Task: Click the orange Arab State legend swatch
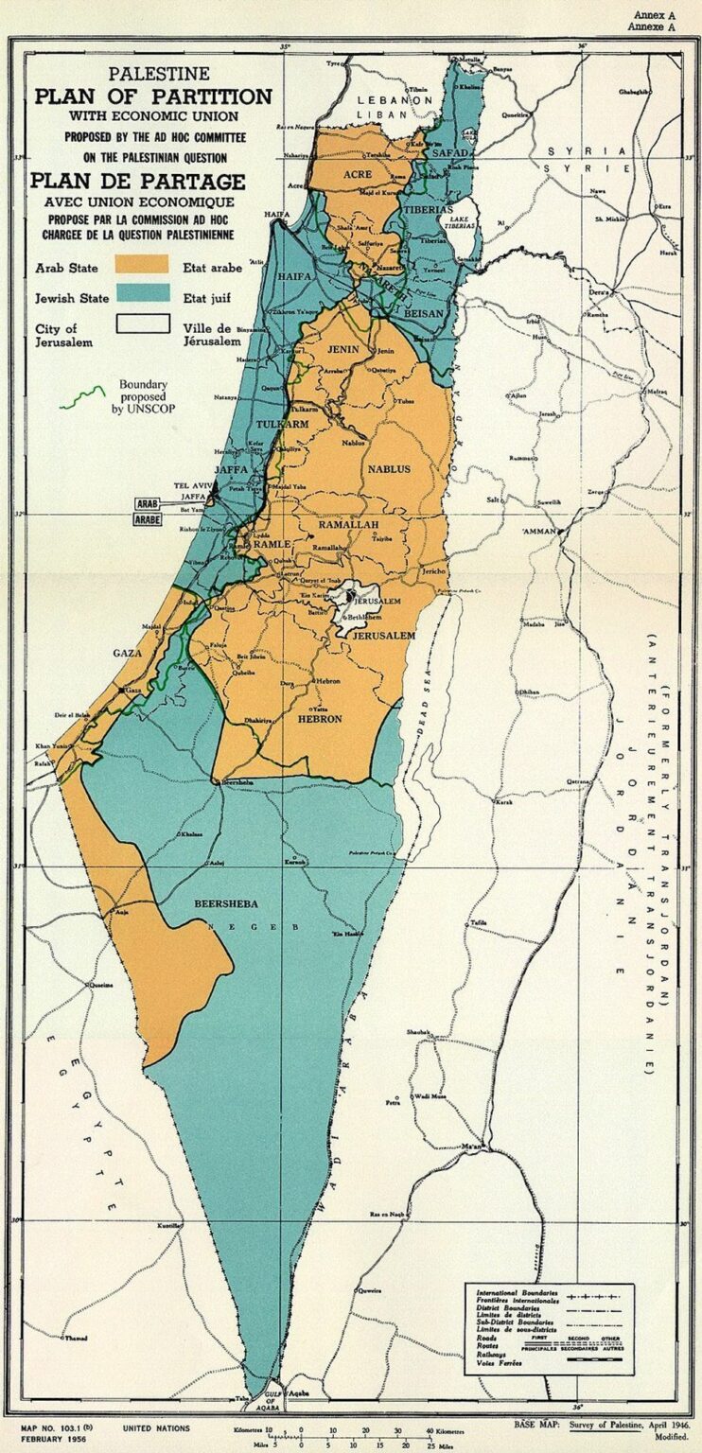[142, 264]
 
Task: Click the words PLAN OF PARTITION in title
[153, 96]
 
